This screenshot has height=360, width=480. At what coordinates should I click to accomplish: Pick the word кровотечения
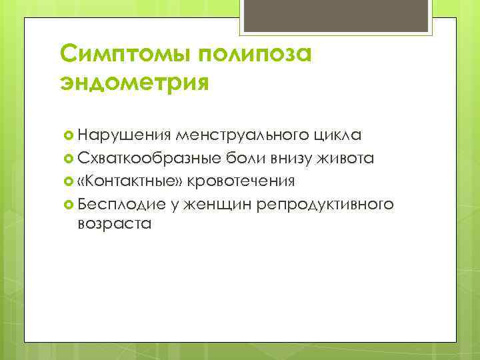(242, 181)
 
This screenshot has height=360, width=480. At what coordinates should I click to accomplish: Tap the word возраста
(114, 224)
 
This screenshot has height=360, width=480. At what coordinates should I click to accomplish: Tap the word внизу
(287, 159)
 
